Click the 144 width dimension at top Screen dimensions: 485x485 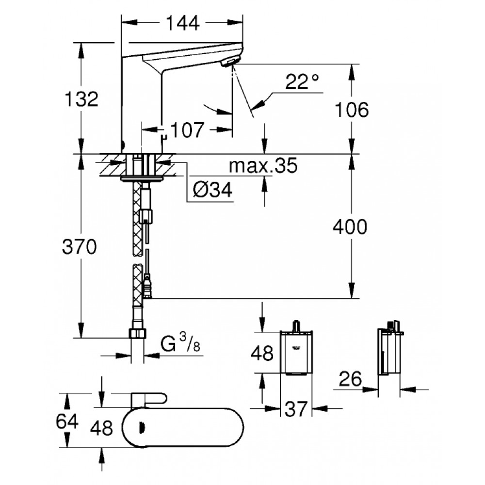click(x=182, y=23)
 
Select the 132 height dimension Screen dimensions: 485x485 click(x=82, y=99)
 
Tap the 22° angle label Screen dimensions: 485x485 click(x=302, y=82)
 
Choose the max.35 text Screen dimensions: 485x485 click(x=262, y=166)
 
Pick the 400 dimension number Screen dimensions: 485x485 click(x=351, y=226)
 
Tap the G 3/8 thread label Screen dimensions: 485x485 click(x=180, y=345)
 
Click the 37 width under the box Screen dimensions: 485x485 click(x=296, y=410)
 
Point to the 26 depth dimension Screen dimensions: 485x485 click(x=350, y=379)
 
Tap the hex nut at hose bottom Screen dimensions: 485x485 click(x=138, y=334)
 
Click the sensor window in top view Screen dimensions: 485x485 click(x=142, y=427)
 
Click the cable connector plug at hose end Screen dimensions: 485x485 click(x=148, y=287)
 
